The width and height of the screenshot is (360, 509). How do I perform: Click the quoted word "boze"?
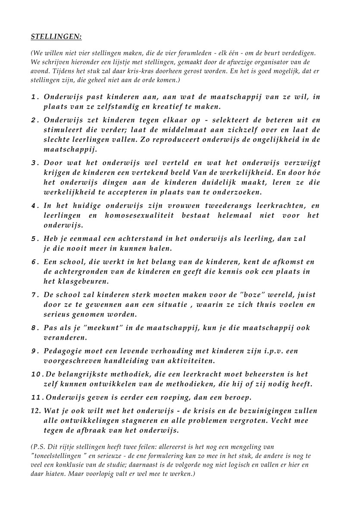click(245, 295)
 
